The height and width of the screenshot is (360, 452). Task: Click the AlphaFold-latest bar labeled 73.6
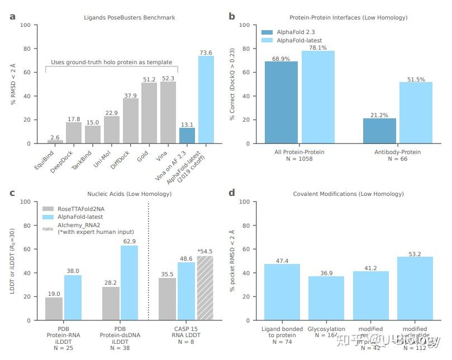(206, 99)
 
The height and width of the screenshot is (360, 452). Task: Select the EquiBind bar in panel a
(55, 142)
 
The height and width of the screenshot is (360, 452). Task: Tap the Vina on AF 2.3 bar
(187, 136)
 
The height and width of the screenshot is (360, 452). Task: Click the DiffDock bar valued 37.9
(131, 121)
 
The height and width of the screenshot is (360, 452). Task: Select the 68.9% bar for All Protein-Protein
(281, 102)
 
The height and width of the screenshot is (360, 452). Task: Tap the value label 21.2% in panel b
(379, 115)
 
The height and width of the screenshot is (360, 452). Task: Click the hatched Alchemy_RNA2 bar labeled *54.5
(205, 288)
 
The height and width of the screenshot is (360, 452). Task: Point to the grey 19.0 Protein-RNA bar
(54, 309)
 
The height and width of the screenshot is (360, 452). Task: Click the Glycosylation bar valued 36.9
(326, 298)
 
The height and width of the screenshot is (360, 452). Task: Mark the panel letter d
(232, 194)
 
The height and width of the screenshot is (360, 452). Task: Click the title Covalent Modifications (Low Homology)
(348, 194)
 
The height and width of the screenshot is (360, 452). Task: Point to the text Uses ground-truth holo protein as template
(111, 62)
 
